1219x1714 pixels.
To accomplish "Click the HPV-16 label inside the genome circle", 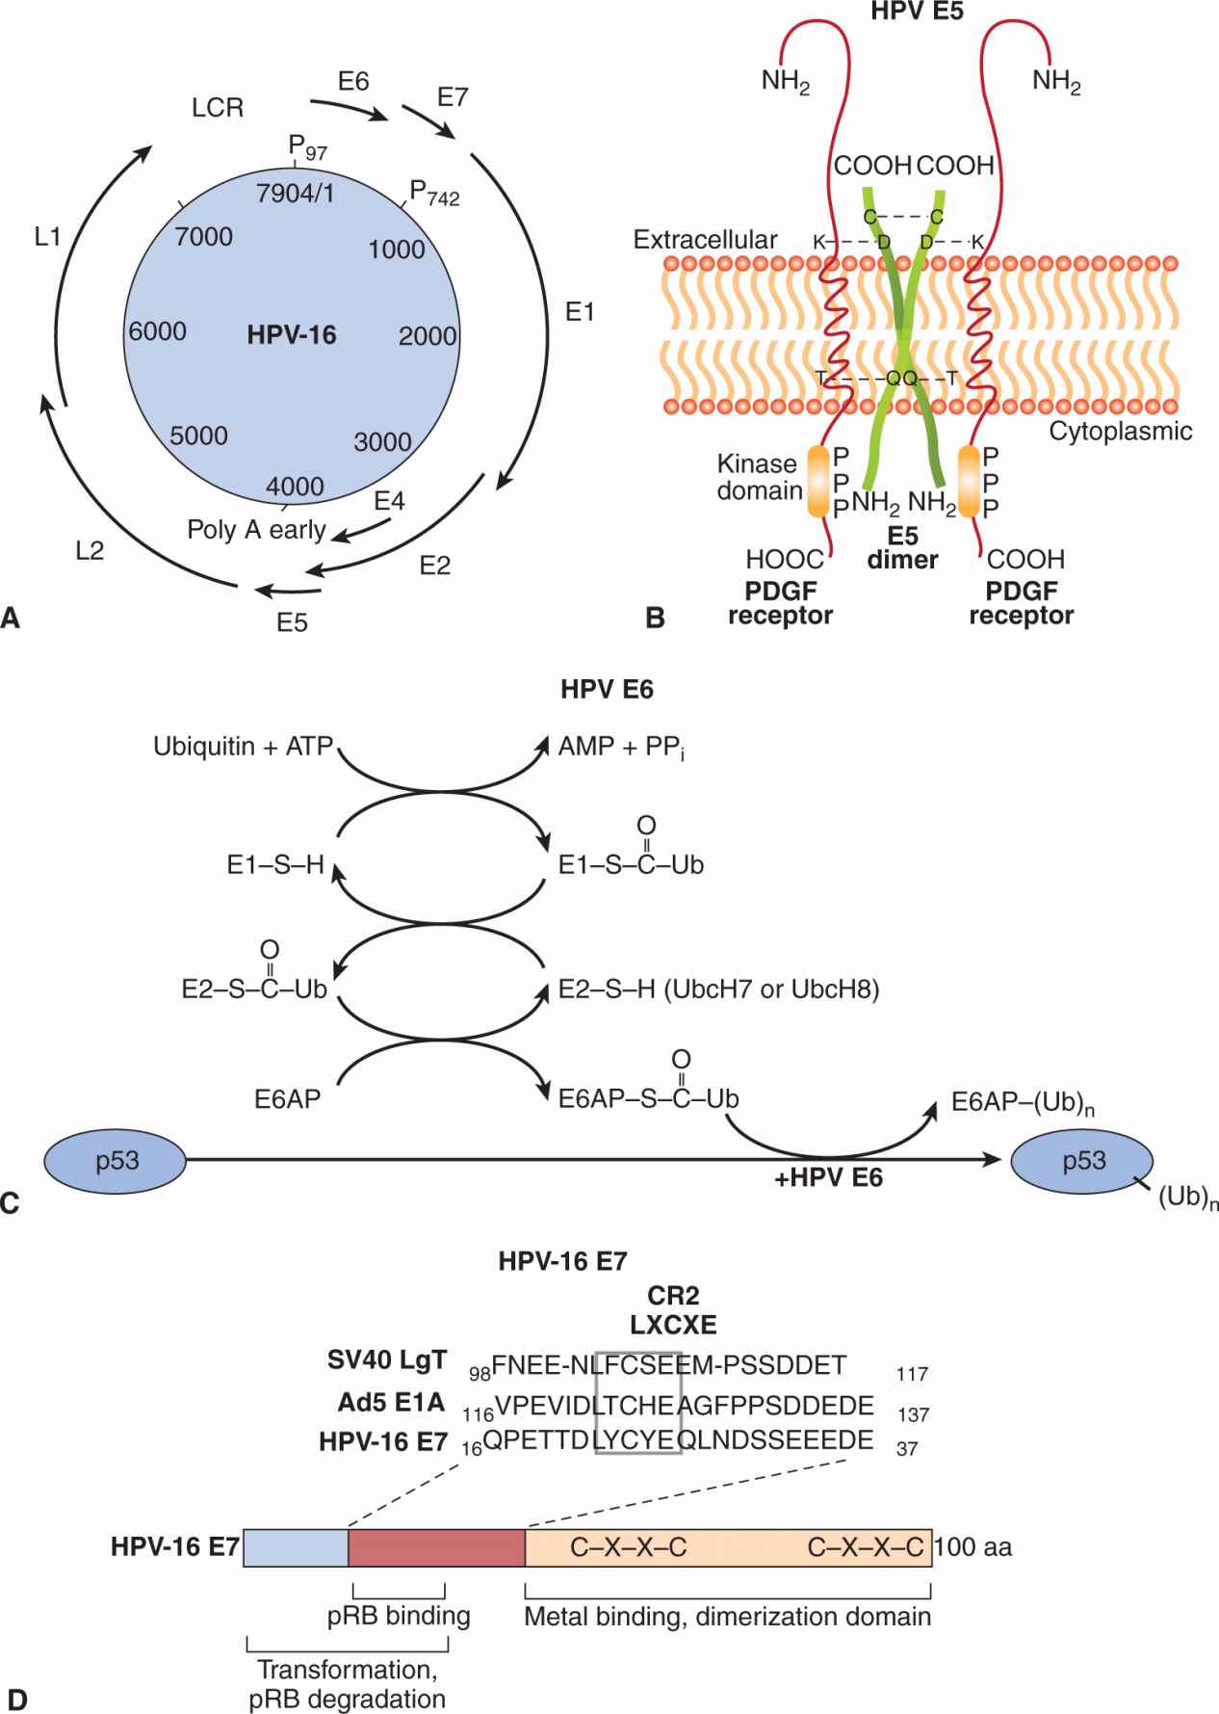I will coord(292,334).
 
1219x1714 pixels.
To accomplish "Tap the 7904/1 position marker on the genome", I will coord(296,193).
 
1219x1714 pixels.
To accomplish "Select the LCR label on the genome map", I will coord(218,107).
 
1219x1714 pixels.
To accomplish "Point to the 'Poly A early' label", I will coord(256,529).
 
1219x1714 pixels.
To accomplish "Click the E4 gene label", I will coord(389,501).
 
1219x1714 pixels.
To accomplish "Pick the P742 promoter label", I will coord(434,193).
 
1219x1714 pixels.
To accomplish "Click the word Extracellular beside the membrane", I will coord(705,239).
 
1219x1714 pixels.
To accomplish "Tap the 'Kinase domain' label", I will coord(759,477).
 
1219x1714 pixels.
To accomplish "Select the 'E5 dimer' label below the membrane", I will coord(902,546).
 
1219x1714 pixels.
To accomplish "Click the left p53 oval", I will coord(117,1160).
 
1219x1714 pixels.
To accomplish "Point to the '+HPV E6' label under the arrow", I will coord(828,1177).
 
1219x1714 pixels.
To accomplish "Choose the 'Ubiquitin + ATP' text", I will coord(243,747).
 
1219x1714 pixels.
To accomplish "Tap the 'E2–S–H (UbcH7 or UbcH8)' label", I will coord(718,989).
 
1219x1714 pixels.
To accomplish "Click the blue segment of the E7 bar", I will coord(296,1546).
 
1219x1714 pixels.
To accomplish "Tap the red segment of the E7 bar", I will coord(436,1546).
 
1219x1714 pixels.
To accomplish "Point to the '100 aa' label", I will coord(973,1547).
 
